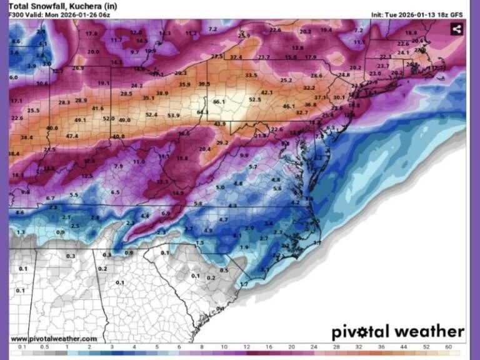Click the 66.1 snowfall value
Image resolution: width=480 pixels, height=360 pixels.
pos(218,102)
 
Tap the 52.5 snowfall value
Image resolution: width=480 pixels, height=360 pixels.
pos(254,99)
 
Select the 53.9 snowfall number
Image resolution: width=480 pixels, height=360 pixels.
pos(173,115)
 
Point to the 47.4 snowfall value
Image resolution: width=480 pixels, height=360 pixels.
pos(72,136)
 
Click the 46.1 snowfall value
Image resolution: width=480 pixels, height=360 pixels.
pos(288,106)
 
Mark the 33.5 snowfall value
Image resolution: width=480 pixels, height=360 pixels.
pos(251,76)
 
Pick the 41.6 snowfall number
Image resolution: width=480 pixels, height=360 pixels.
pos(97,108)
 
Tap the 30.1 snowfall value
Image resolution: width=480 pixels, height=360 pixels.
pos(338,97)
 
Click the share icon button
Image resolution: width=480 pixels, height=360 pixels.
pos(456,29)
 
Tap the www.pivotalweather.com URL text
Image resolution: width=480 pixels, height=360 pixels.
pos(54,338)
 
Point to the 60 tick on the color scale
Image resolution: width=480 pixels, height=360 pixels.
pos(448,346)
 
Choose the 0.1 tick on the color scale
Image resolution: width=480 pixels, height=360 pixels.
pos(22,346)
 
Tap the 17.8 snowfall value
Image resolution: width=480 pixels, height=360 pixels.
pos(92,33)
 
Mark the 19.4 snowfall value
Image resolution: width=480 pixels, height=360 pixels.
pos(326,29)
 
